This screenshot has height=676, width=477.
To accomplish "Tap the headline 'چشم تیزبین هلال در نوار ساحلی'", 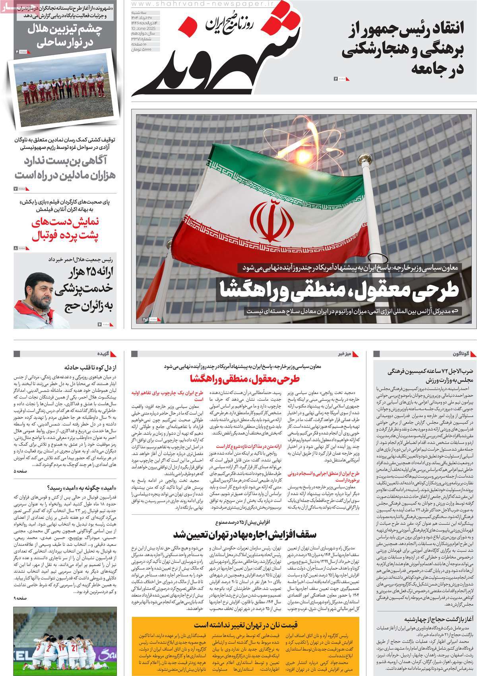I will (x=65, y=36).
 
